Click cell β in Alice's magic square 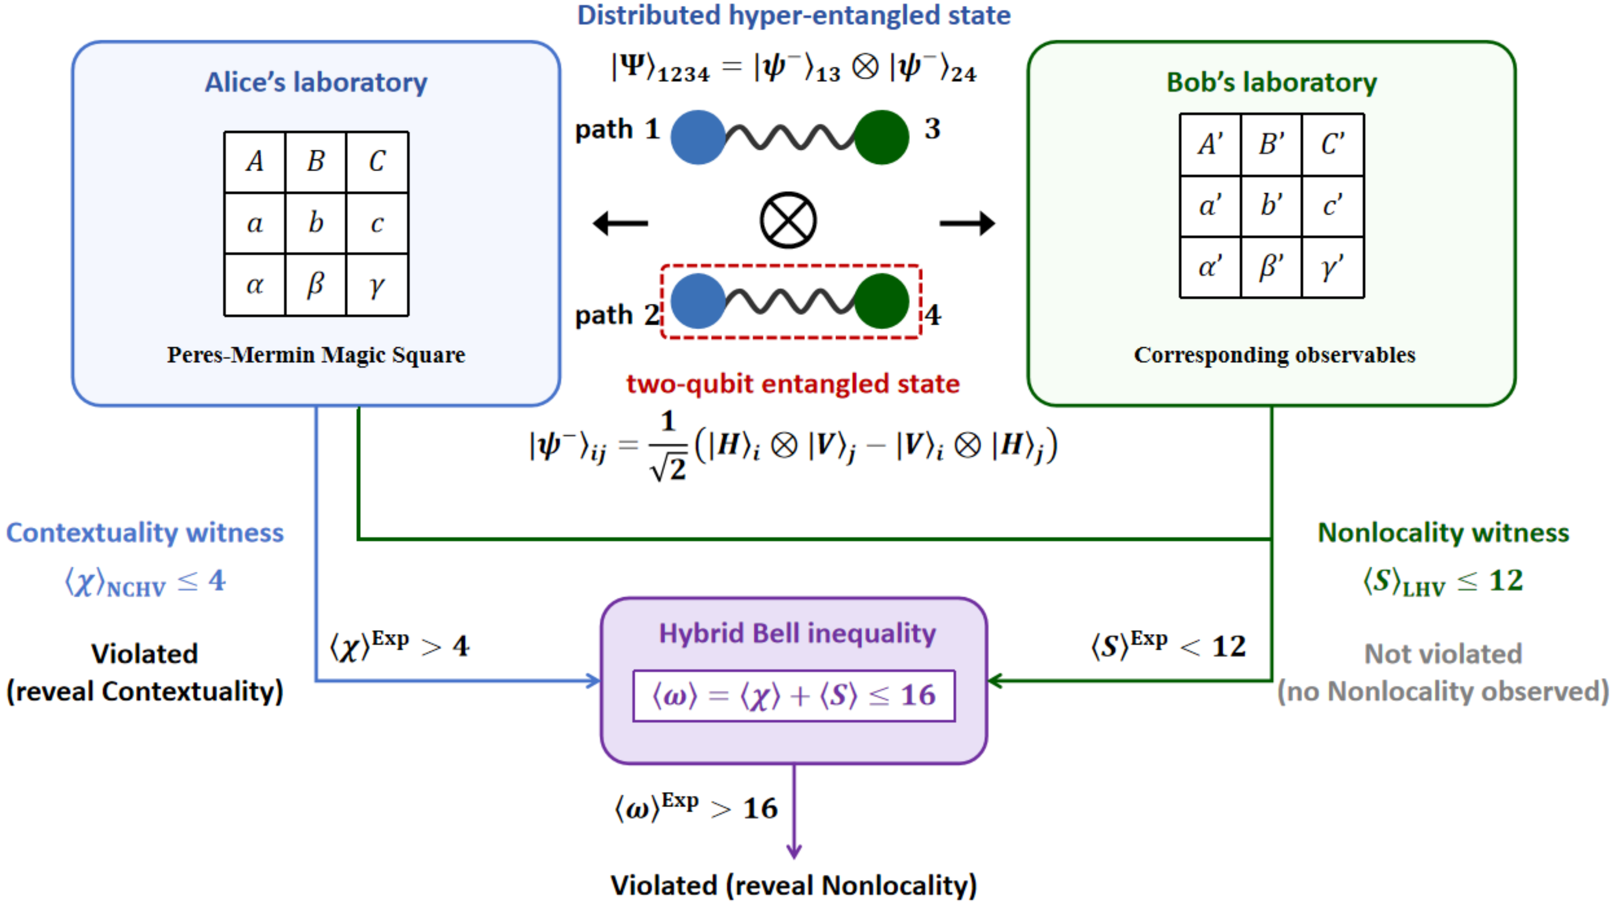(x=316, y=285)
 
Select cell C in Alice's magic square (x=377, y=161)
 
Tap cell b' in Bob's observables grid (x=1271, y=205)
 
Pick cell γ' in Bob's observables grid (x=1333, y=267)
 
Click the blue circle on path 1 (x=698, y=137)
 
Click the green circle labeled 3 (x=882, y=137)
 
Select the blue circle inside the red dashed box (x=698, y=301)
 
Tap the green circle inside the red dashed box (x=882, y=301)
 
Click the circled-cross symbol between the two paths (x=788, y=220)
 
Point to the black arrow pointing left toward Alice (x=620, y=223)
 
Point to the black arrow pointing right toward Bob (x=967, y=223)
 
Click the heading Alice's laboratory (x=316, y=82)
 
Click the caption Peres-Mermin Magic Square (x=316, y=355)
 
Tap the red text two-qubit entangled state (x=793, y=384)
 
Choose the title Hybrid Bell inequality (x=797, y=633)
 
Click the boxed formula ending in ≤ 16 (x=794, y=695)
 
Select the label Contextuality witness (x=145, y=532)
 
